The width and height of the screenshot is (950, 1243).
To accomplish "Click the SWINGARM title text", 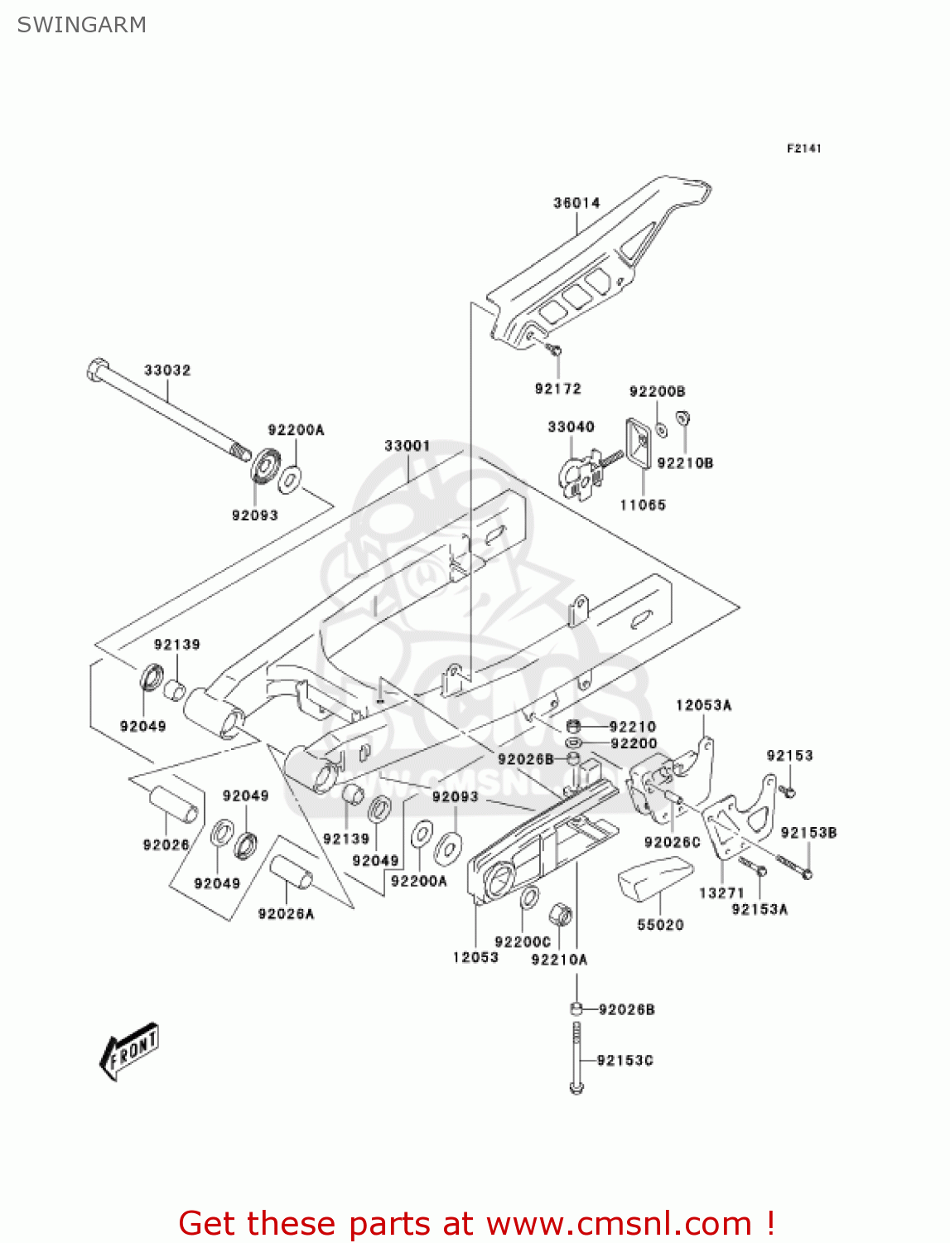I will [x=81, y=25].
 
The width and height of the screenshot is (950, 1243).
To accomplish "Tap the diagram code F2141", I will [x=803, y=148].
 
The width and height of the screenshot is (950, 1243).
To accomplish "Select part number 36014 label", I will [x=576, y=203].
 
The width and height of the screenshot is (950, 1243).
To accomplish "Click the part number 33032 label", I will [x=167, y=370].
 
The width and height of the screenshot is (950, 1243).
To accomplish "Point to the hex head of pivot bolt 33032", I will [x=97, y=369].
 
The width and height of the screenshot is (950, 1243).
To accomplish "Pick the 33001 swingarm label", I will [x=407, y=446].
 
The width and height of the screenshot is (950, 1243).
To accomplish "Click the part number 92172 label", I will [x=557, y=389].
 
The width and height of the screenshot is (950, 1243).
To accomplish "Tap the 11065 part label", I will [x=643, y=505].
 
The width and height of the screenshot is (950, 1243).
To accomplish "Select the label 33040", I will [x=571, y=427].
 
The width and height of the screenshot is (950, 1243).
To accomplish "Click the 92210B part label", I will [x=685, y=463].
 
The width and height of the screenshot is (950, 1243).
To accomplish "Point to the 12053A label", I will [x=703, y=705].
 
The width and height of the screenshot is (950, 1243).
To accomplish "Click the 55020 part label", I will [x=660, y=925].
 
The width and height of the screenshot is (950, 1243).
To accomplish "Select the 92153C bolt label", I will [x=624, y=1061].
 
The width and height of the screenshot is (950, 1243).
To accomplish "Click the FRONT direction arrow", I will [x=129, y=1051].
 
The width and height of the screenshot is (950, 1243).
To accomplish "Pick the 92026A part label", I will [x=286, y=914].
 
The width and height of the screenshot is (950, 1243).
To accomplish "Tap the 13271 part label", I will [x=721, y=892].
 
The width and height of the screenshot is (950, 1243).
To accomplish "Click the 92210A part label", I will [x=559, y=960].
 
